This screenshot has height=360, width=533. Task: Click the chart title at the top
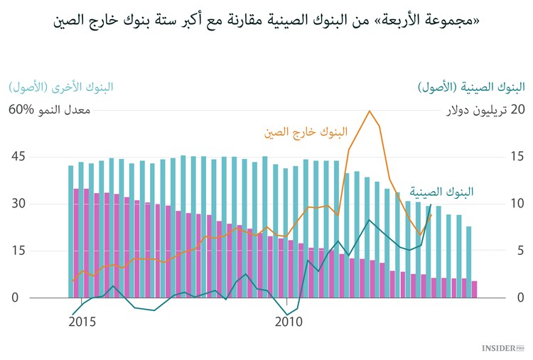point(266,19)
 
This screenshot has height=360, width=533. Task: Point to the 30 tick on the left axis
point(18,204)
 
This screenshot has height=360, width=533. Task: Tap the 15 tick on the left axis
point(18,251)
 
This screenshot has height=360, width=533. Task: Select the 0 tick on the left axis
point(14,298)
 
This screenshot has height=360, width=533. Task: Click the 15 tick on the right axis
point(517,156)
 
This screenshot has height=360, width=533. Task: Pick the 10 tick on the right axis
point(517,204)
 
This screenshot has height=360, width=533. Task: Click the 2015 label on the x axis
point(82,322)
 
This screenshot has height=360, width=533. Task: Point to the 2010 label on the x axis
point(289,322)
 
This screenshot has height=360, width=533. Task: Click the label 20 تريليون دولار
point(485,110)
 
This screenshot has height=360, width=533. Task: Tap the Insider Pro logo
point(502,348)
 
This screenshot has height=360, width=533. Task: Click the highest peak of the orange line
point(369,111)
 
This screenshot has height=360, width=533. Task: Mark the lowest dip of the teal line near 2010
point(288,315)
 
